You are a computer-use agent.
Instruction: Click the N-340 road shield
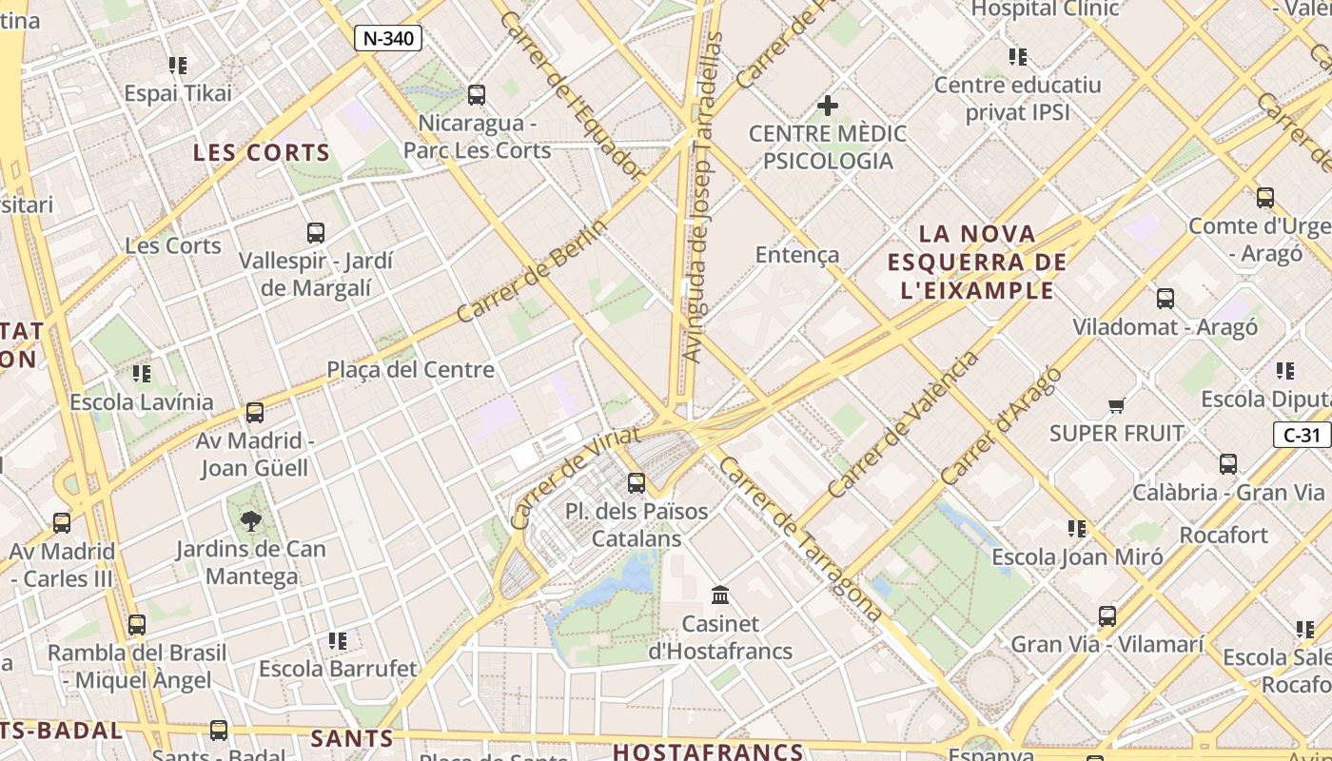coord(388,38)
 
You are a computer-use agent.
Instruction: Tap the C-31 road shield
coord(1302,435)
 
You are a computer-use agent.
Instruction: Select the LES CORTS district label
coord(262,152)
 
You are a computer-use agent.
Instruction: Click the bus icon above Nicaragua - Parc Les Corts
coord(477,95)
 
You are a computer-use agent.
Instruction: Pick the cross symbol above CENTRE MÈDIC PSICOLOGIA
coord(828,105)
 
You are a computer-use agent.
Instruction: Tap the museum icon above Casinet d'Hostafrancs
coord(720,595)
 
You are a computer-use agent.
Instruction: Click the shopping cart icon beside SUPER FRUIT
coord(1117,406)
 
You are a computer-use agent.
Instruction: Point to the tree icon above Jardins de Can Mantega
coord(251,521)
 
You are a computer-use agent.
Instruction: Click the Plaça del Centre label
coord(411,369)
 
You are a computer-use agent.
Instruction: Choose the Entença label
coord(797,254)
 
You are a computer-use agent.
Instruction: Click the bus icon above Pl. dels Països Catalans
coord(637,483)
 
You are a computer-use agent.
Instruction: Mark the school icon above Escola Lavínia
coord(142,374)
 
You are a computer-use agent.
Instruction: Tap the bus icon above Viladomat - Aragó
coord(1165,299)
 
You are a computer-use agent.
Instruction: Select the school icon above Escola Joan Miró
coord(1077,529)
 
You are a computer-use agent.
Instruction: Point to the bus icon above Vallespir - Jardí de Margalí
coord(316,232)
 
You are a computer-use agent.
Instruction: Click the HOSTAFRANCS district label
coord(708,751)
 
